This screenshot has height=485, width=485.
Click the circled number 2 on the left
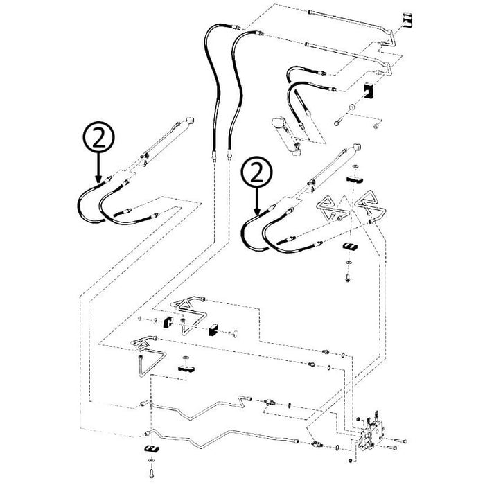tap(98, 136)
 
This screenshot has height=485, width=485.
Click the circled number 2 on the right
tap(257, 172)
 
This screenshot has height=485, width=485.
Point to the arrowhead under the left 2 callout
tap(98, 179)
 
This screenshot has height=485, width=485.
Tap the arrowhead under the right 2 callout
tap(257, 211)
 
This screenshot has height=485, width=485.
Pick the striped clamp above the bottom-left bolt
tap(151, 448)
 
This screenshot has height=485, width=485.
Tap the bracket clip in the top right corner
tap(408, 19)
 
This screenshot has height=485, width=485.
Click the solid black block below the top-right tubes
tap(369, 91)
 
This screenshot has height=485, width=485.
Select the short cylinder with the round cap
tap(286, 135)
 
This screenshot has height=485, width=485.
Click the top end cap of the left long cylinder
tap(189, 121)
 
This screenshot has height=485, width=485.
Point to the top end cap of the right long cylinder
tap(356, 148)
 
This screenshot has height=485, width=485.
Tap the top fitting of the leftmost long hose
tap(237, 27)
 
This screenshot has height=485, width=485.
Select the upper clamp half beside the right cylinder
tap(354, 179)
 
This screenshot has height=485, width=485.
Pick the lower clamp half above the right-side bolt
tap(350, 247)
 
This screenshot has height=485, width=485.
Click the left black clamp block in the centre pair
tap(168, 323)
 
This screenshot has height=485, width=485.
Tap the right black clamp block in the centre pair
tap(213, 330)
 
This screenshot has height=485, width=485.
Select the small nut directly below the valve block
tap(350, 461)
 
